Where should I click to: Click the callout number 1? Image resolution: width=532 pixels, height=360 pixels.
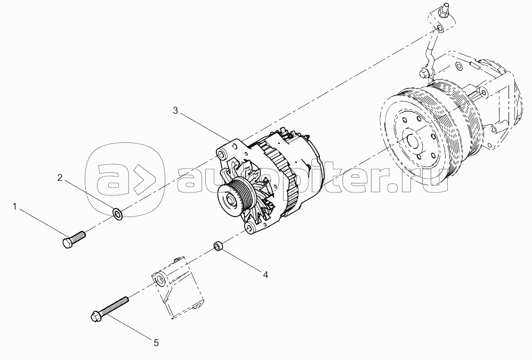pos(14,206)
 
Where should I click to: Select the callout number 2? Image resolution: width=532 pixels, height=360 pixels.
pos(60,178)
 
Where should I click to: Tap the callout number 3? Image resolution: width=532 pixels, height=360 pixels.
pos(175,111)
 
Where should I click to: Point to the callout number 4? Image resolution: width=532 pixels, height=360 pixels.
pos(265,275)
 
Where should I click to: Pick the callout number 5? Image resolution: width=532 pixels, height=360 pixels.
pos(156,343)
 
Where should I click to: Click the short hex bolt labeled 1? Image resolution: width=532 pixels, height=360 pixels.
pos(74,239)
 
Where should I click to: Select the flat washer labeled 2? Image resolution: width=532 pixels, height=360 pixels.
pos(117,214)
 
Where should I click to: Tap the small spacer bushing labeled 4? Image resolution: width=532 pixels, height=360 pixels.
pos(217,246)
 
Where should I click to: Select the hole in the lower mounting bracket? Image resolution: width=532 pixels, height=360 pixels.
pos(159,280)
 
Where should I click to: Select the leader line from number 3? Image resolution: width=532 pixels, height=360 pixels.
pos(204,127)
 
